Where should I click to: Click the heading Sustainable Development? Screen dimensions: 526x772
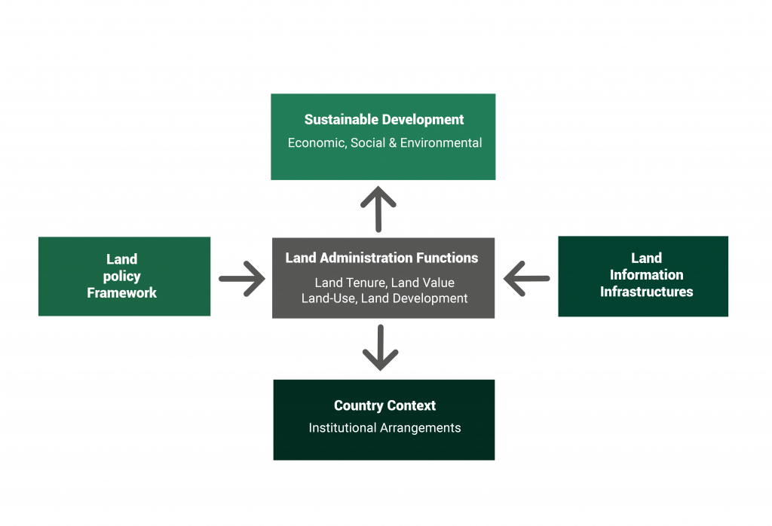tap(384, 120)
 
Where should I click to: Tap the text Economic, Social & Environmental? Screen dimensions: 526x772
tap(384, 142)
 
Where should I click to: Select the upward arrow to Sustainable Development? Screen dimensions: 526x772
tap(378, 209)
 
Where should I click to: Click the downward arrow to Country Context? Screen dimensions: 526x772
tap(380, 347)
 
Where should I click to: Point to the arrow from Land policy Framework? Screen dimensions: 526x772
tap(241, 279)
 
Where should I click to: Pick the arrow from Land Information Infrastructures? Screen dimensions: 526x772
tap(526, 279)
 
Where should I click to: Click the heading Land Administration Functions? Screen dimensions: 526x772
tap(381, 258)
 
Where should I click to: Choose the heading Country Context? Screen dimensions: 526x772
tap(384, 405)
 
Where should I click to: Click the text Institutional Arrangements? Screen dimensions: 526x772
tap(384, 428)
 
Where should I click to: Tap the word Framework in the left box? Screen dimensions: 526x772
tap(122, 292)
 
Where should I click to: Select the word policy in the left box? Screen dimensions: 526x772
tap(122, 276)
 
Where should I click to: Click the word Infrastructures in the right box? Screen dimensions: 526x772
tap(646, 292)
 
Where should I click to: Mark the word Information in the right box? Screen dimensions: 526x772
tap(646, 275)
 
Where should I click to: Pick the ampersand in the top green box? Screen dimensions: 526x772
tap(393, 142)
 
